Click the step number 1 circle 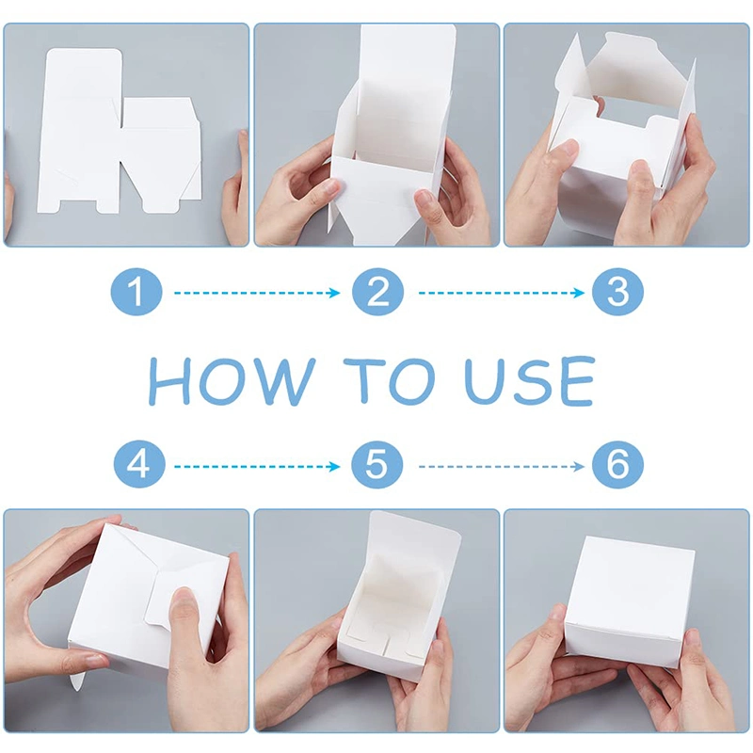tap(136, 292)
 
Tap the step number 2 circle tap(377, 292)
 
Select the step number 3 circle tap(617, 292)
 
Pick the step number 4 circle tap(139, 464)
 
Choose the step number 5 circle tap(377, 464)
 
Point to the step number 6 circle tap(617, 464)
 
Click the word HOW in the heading tap(232, 381)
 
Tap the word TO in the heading tap(394, 381)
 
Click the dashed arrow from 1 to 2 tap(257, 293)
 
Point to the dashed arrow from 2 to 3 tap(502, 293)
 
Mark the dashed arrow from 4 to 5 tap(257, 466)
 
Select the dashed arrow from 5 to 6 tap(502, 466)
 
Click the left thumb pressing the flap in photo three tap(562, 153)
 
